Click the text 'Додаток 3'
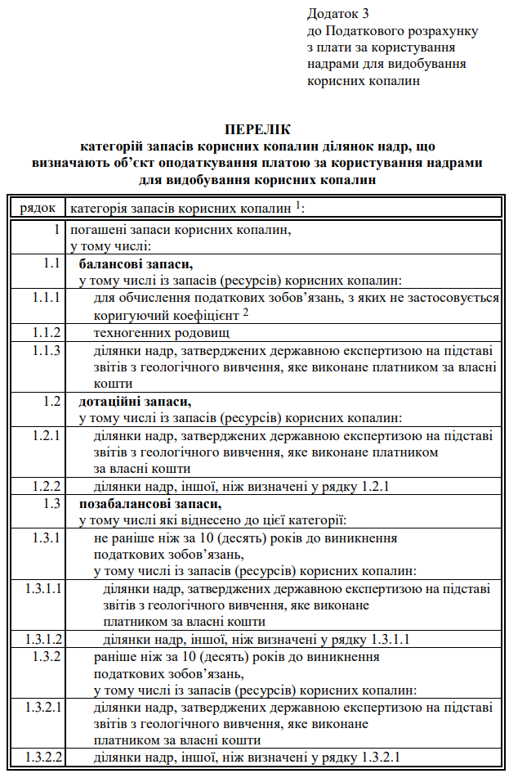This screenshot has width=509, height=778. point(338,14)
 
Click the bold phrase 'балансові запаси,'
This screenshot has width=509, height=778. point(136,264)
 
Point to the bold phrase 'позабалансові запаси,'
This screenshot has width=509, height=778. point(150,503)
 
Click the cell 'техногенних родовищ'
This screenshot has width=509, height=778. point(161,333)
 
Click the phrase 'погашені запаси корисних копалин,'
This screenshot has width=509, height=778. point(180,230)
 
